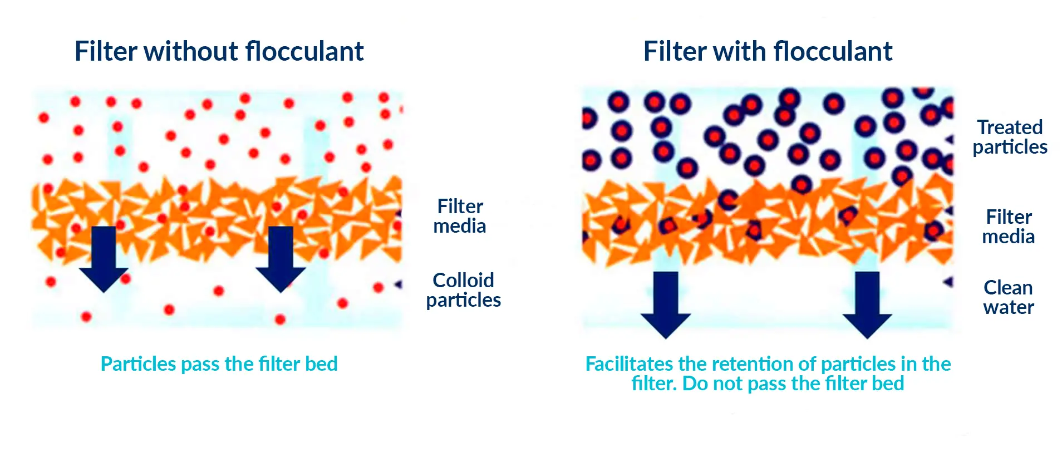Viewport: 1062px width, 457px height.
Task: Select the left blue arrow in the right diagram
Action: pos(666,304)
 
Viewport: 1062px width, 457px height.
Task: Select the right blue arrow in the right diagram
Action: pos(867,304)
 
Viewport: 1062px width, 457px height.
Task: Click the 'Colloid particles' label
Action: pos(463,290)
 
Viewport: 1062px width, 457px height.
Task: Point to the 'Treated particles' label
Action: pos(1010,137)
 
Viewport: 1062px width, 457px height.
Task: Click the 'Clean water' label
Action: pos(1008,297)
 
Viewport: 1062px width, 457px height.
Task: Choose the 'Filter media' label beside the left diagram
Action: pos(460,216)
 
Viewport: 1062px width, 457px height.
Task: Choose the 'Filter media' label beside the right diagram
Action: pos(1008,227)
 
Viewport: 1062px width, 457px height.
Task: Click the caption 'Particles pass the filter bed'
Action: pos(219,364)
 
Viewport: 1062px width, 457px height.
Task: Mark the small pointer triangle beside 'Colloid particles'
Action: pos(399,285)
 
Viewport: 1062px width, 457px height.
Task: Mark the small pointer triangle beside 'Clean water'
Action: pos(948,282)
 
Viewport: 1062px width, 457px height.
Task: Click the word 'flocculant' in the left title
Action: pos(304,51)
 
